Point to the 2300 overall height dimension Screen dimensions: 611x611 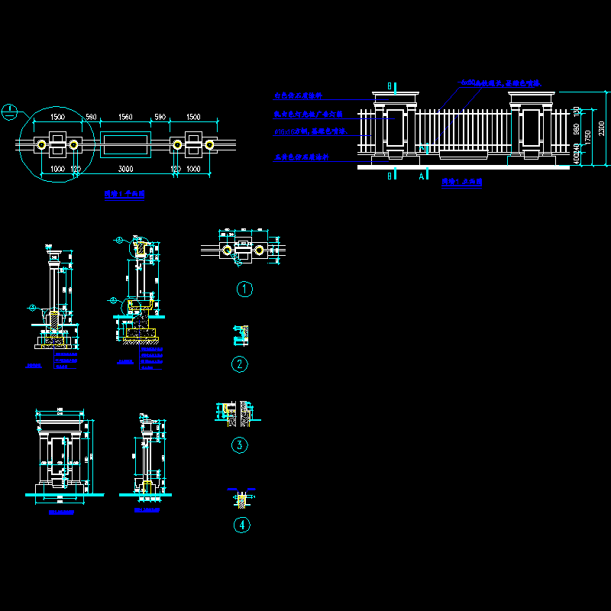pos(602,127)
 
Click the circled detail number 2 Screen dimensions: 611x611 pos(240,364)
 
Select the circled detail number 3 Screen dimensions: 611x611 pos(240,445)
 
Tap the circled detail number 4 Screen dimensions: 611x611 pos(241,525)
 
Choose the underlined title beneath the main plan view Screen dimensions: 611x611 pos(124,195)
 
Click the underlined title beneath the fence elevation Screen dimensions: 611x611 pos(462,183)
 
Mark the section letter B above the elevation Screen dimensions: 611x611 pos(390,86)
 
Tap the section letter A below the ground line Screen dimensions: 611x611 pos(422,176)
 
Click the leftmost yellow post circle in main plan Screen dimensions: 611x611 pos(40,144)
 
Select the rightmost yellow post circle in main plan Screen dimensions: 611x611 pos(209,144)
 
